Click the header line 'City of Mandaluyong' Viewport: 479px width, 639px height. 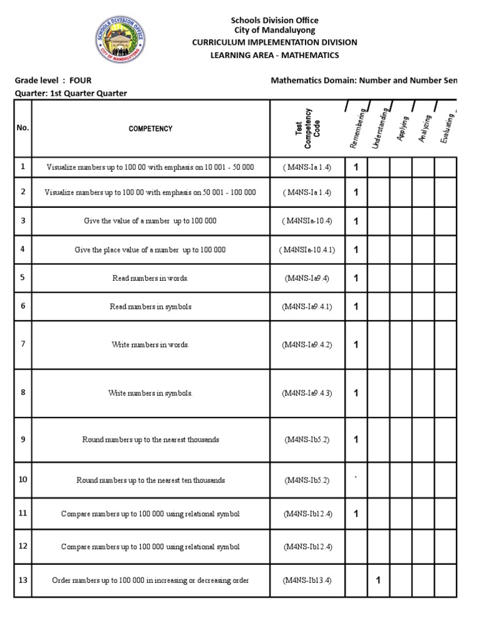tap(274, 30)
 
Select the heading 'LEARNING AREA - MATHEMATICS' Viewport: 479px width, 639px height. tap(274, 55)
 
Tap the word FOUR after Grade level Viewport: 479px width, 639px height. tap(80, 80)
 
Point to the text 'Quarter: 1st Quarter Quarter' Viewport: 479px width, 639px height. tap(70, 93)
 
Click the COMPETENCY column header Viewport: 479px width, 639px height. tap(150, 129)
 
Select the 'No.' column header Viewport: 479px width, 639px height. tap(23, 127)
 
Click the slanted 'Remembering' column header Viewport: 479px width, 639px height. tap(358, 128)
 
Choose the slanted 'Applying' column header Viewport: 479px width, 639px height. tap(402, 129)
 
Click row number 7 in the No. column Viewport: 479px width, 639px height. tap(23, 344)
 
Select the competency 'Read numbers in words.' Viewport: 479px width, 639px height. tap(150, 278)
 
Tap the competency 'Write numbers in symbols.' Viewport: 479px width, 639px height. tap(150, 393)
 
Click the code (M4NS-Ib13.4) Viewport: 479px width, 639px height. tap(307, 580)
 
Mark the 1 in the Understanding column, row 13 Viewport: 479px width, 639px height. tap(378, 580)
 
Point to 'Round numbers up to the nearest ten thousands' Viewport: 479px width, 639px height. tap(150, 480)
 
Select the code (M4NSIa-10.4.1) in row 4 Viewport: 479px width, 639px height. tap(307, 250)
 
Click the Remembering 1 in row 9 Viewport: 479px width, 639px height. tap(356, 439)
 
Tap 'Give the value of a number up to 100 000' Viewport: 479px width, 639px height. tap(150, 221)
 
